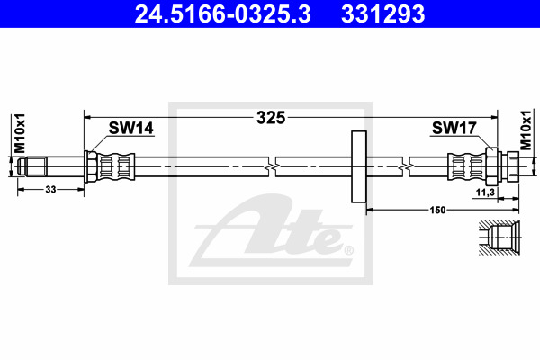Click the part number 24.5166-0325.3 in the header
click(223, 14)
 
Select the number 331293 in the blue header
click(383, 14)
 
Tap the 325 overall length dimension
click(271, 118)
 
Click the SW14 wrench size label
click(130, 128)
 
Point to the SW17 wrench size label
click(454, 128)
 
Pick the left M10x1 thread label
click(20, 133)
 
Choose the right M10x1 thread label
click(526, 130)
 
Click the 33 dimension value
click(50, 190)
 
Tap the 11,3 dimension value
click(485, 193)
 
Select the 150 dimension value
click(437, 210)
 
